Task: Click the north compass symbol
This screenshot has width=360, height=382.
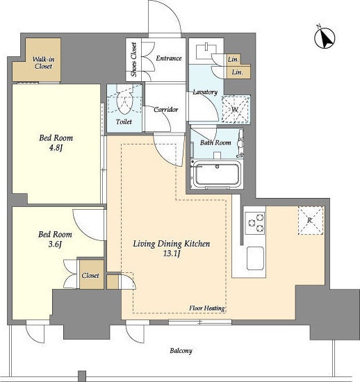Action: [x=325, y=38]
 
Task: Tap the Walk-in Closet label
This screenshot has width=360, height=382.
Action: [x=43, y=63]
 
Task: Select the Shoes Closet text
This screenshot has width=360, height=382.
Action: [x=133, y=60]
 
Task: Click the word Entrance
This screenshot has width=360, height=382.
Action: [x=169, y=58]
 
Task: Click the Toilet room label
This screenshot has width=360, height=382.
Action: [x=124, y=122]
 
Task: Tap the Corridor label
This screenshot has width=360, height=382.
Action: [x=165, y=109]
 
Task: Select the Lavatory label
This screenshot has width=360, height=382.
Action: [x=205, y=92]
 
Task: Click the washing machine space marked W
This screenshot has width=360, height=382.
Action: [x=236, y=109]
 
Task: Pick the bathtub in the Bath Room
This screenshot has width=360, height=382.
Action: [x=216, y=174]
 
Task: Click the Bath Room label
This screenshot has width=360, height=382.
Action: [x=215, y=142]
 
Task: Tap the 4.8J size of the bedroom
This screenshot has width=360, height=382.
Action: [x=56, y=148]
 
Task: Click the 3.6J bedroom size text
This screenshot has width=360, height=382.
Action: [x=55, y=244]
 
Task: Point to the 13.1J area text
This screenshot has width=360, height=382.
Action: [x=172, y=254]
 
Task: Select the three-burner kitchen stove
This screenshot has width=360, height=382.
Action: [x=255, y=223]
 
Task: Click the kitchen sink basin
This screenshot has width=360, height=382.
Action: [x=255, y=258]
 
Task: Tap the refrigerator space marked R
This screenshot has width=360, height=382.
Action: [x=311, y=220]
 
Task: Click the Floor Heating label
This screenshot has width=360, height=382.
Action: [x=207, y=308]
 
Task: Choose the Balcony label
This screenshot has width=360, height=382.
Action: [x=181, y=351]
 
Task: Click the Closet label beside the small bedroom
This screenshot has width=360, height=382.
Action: [x=90, y=276]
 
